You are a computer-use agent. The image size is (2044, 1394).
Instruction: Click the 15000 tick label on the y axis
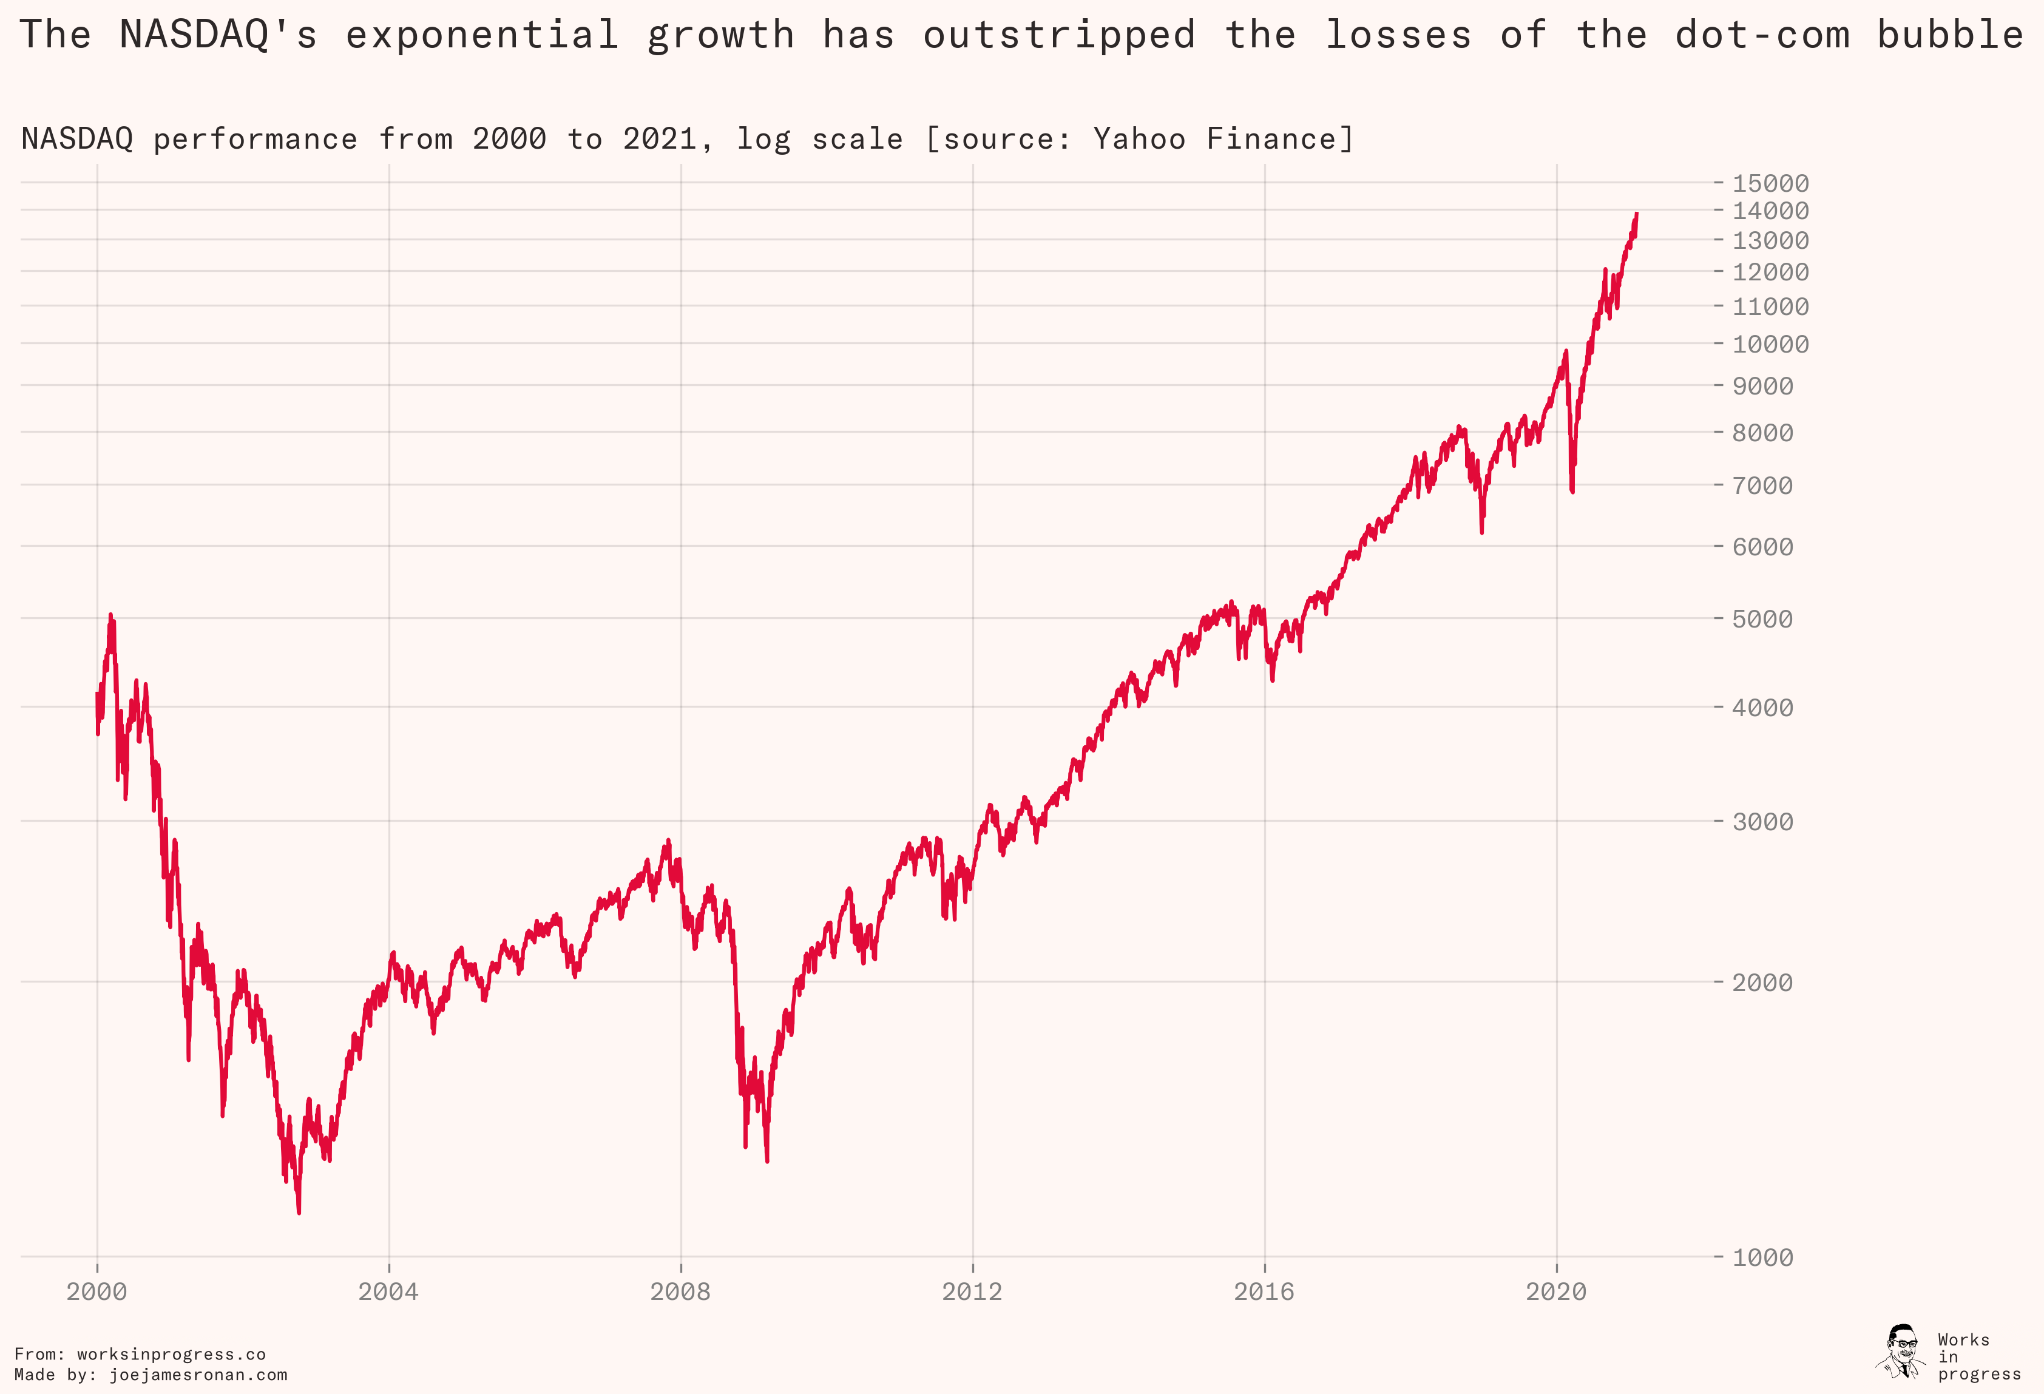(1770, 183)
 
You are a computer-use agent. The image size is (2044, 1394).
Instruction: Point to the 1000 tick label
(1762, 1257)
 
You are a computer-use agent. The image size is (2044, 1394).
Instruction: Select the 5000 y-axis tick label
(1762, 618)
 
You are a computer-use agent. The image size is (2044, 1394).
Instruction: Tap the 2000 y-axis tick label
(1762, 981)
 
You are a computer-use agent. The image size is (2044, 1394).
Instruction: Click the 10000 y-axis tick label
(1770, 344)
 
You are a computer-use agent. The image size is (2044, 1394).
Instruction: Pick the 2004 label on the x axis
(388, 1291)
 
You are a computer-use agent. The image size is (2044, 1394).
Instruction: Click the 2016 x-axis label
(1264, 1291)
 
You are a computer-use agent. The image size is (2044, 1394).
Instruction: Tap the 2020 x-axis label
(1556, 1291)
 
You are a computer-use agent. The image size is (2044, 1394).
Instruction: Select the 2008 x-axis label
(680, 1291)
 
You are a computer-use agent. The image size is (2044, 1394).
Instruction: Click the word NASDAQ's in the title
(218, 35)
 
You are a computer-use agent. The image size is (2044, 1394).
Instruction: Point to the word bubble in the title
(1950, 35)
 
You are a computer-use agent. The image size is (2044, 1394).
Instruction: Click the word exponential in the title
(482, 35)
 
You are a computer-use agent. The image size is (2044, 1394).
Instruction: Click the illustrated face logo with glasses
(1901, 1350)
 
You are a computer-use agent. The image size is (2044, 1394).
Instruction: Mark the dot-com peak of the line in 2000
(110, 615)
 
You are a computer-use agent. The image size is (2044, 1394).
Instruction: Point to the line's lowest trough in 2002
(299, 1213)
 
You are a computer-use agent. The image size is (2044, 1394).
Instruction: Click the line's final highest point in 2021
(1636, 213)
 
